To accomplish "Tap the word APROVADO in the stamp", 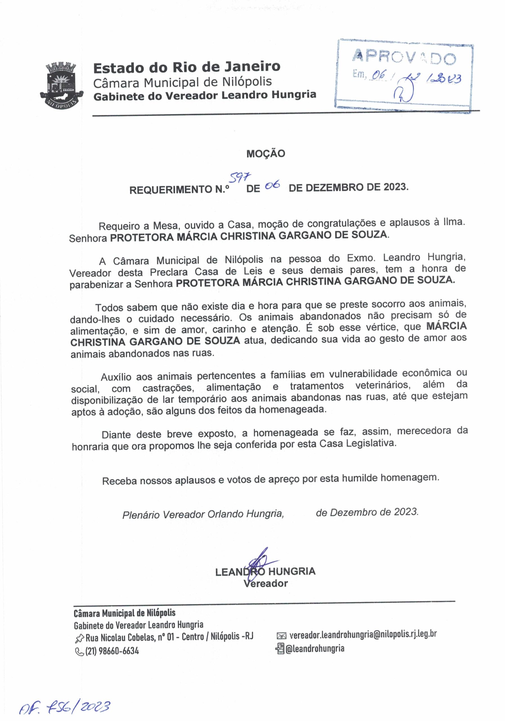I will (x=404, y=57).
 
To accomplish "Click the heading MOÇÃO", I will (x=265, y=153).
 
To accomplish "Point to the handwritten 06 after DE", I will (x=272, y=186).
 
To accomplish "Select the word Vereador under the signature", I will (x=265, y=584).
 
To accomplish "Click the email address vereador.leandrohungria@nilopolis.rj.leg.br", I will (x=363, y=634).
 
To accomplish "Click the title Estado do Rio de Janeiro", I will (x=187, y=67).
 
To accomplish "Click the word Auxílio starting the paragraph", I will (x=116, y=377).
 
